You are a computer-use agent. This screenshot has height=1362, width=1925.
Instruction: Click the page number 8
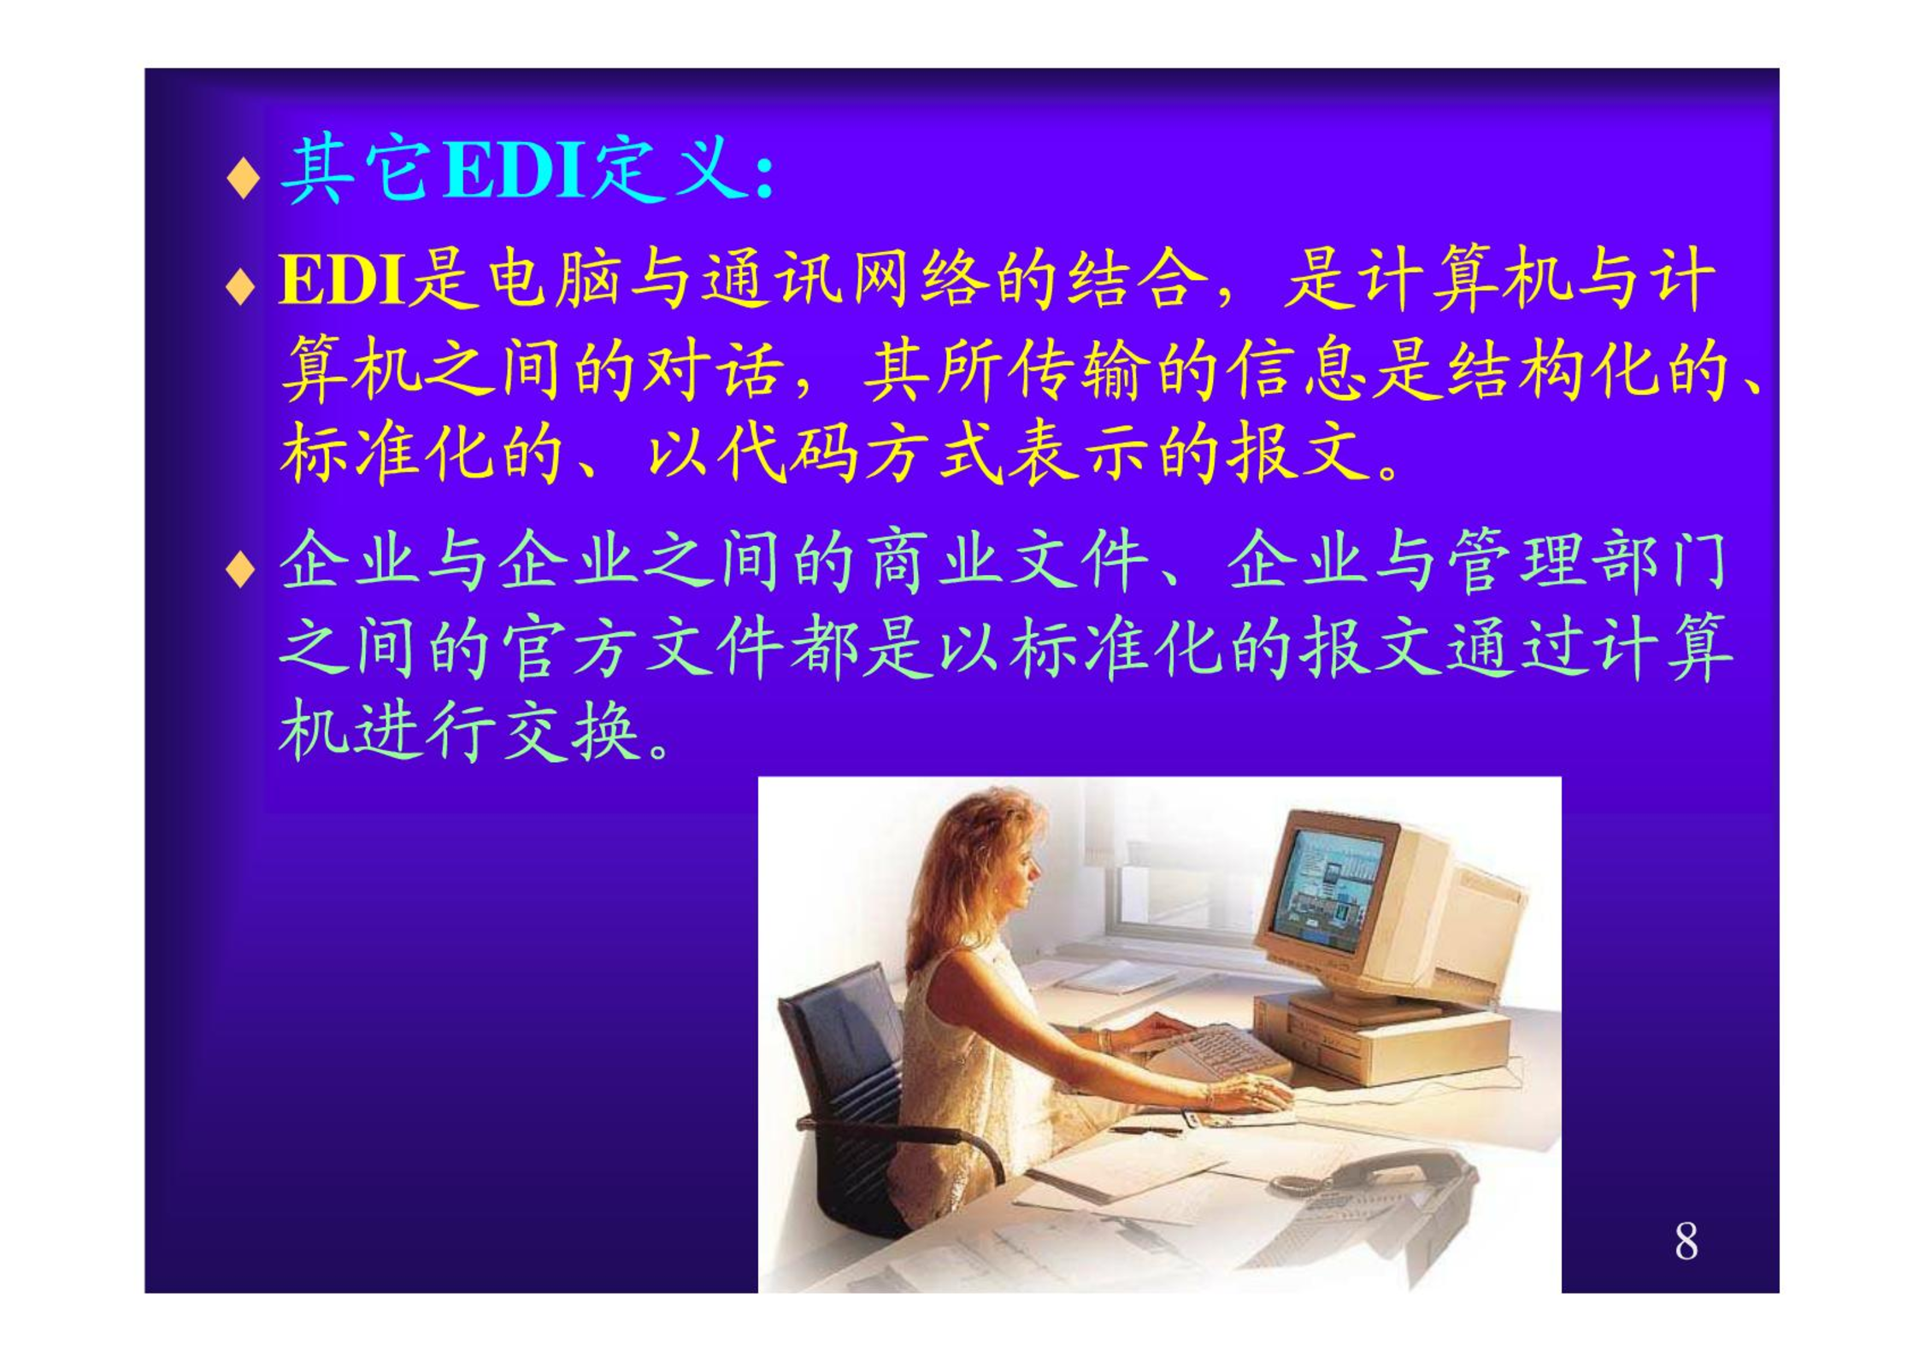1686,1240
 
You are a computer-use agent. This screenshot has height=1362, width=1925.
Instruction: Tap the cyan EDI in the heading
514,170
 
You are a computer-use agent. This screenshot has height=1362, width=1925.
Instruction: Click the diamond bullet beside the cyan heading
244,177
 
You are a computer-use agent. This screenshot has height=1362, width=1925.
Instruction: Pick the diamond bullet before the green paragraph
242,569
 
